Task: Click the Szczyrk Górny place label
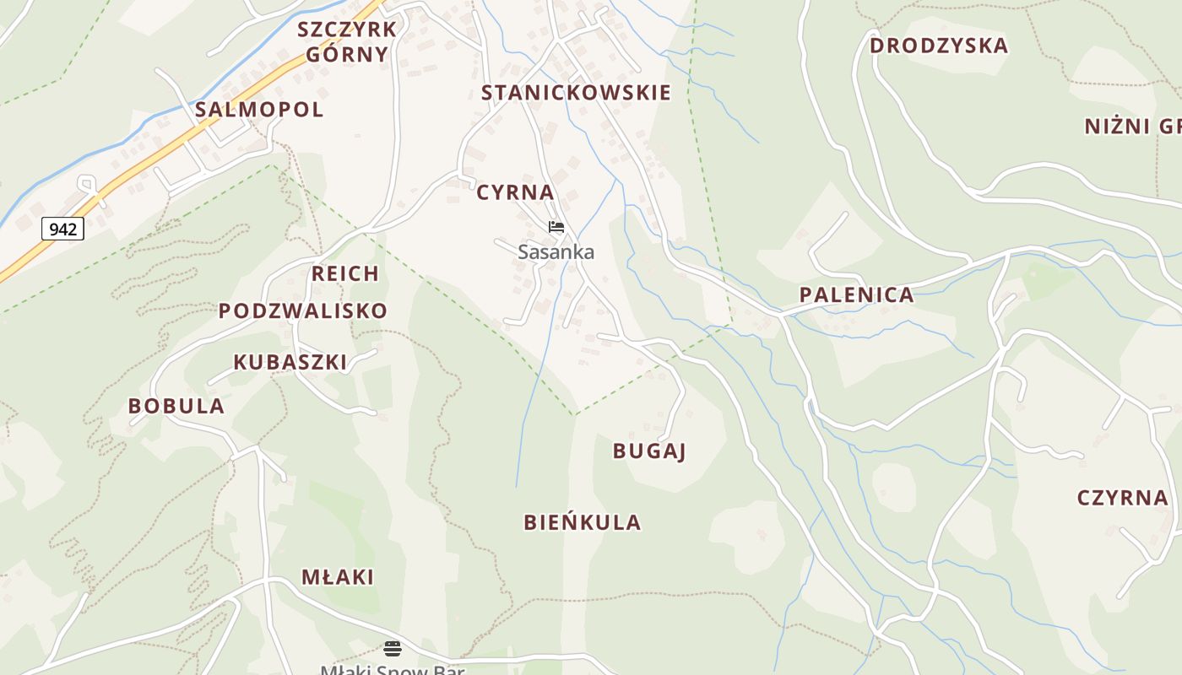[347, 42]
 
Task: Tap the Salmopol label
[259, 110]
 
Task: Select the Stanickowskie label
[576, 93]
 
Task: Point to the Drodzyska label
[939, 46]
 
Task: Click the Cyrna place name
[515, 192]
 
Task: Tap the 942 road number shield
[62, 229]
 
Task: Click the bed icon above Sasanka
[556, 227]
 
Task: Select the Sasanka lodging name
[556, 251]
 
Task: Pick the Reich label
[345, 273]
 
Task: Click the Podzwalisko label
[302, 310]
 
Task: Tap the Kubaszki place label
[290, 362]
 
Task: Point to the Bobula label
[176, 406]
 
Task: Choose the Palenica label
[856, 295]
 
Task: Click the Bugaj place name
[649, 451]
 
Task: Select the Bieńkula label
[583, 522]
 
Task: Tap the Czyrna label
[1123, 498]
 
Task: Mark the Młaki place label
[338, 577]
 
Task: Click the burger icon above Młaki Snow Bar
[392, 648]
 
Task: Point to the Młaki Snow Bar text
[392, 669]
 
